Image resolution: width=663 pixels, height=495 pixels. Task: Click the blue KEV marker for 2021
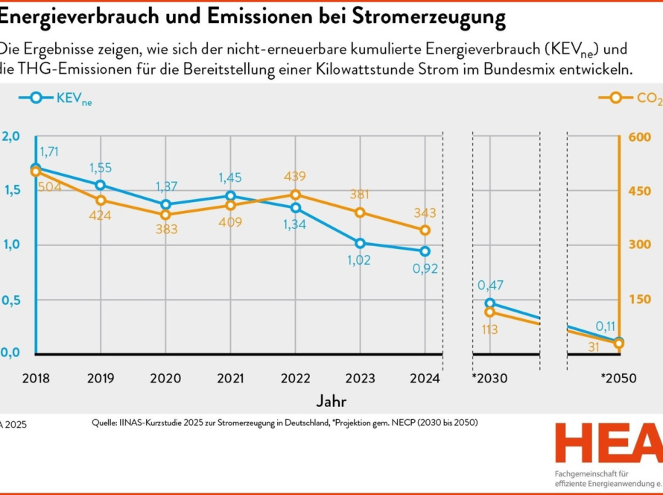coord(230,196)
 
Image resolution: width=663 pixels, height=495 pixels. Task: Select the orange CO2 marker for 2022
coord(295,195)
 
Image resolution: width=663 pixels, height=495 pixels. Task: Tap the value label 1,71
coord(49,151)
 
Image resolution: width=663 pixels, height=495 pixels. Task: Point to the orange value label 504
coord(49,186)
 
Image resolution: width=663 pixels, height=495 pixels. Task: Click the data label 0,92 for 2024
coord(425,268)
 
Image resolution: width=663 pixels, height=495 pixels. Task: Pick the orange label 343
coord(425,213)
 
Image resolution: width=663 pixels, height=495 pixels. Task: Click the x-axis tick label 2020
coord(165,378)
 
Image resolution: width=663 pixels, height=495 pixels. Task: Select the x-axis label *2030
coord(489,378)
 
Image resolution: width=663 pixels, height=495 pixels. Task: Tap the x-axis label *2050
coord(619,378)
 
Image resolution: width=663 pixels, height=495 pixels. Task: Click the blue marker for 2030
coord(489,303)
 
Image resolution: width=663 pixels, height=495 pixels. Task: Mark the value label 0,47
coord(490,285)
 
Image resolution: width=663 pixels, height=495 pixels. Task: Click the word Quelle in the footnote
coord(105,423)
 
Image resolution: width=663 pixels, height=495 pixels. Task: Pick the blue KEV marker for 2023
coord(361,243)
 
